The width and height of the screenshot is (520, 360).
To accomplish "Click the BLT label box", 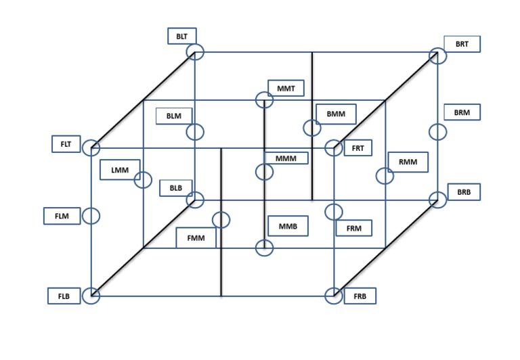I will (182, 37).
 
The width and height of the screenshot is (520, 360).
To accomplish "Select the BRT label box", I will (462, 44).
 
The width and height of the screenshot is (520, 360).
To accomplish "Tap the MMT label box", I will (286, 88).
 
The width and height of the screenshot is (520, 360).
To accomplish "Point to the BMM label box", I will (336, 114).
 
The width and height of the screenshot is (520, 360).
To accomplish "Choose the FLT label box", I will (66, 143).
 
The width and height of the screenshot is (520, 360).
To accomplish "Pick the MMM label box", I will (286, 158).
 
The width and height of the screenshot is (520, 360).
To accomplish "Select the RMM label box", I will (408, 162).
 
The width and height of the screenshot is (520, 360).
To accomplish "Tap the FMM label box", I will (196, 238).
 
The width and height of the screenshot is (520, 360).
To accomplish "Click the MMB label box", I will (288, 225).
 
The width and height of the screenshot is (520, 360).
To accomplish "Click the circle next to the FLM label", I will (91, 217).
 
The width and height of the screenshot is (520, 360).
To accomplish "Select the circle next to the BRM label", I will (438, 131).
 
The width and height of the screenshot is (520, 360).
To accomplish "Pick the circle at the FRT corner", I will (333, 148).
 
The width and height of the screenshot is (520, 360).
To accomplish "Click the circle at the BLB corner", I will (196, 200).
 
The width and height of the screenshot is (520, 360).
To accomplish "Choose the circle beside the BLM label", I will (196, 131).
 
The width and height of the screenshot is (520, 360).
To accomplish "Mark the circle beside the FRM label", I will (333, 212).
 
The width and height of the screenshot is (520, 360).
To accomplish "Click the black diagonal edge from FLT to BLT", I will (143, 99).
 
